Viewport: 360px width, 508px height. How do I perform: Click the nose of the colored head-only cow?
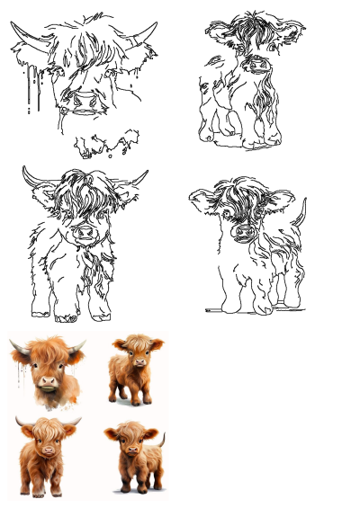click(48, 380)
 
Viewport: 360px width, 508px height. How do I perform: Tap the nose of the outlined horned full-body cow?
click(84, 233)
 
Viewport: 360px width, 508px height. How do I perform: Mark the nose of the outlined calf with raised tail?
click(243, 231)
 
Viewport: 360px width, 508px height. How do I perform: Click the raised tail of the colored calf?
click(161, 440)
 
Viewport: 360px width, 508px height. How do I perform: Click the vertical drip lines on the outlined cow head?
click(34, 85)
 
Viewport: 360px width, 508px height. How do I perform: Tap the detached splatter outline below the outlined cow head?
click(106, 144)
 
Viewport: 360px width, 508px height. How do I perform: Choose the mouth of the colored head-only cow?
click(49, 389)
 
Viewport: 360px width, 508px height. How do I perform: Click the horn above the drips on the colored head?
click(17, 346)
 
